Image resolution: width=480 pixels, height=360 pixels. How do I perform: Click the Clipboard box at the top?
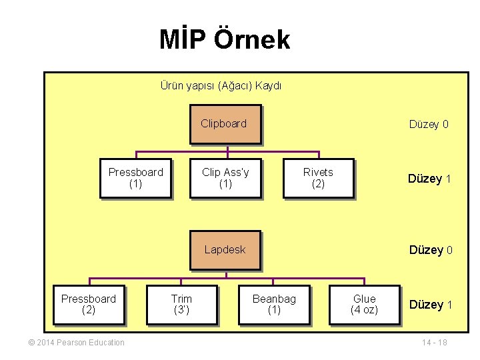[x=225, y=124]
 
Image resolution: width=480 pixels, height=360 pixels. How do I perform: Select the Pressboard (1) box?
[x=135, y=178]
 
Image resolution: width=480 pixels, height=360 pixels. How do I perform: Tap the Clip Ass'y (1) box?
[x=225, y=178]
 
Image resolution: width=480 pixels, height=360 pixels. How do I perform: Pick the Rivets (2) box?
[x=318, y=178]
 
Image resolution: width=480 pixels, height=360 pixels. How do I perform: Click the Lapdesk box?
[x=225, y=250]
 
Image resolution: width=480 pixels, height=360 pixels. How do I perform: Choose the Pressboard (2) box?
[x=88, y=305]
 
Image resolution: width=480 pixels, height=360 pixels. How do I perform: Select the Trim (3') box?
[x=181, y=305]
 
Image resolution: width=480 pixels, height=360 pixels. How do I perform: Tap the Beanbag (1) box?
[x=274, y=305]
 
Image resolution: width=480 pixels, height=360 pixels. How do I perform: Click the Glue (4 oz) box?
[x=364, y=305]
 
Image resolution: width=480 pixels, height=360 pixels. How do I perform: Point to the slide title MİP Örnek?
[x=225, y=39]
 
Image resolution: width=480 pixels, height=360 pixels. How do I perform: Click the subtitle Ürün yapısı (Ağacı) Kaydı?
[x=221, y=85]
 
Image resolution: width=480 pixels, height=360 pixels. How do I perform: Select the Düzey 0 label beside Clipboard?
[x=429, y=125]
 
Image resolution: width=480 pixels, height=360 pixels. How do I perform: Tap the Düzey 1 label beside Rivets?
[x=430, y=179]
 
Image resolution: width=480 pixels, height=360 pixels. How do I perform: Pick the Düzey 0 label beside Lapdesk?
[x=431, y=250]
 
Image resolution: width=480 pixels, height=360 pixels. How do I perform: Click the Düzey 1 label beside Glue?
[x=431, y=305]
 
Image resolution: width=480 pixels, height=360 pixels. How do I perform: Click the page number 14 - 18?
[x=434, y=343]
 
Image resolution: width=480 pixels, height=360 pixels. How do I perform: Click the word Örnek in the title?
[x=252, y=39]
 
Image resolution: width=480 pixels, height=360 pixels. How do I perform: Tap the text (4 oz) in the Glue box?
[x=364, y=310]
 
